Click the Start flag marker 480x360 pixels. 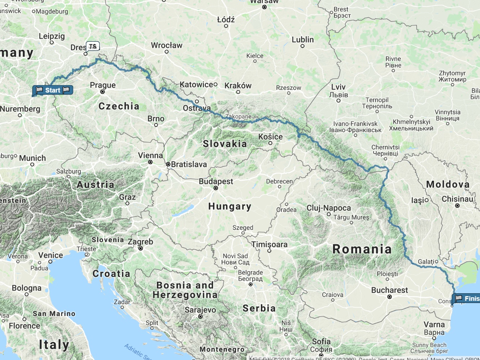pos(53,90)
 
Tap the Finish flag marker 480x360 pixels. pos(467,298)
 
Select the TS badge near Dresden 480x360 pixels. pos(93,46)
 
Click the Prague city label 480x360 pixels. pos(103,85)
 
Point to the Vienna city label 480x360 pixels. pos(150,155)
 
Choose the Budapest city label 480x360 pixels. pos(216,181)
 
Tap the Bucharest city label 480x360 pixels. pos(390,290)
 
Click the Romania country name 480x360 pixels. pos(362,249)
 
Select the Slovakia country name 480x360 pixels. pos(225,144)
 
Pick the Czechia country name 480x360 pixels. pos(119,106)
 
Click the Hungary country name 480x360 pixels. pos(230,206)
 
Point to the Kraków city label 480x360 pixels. pos(238,85)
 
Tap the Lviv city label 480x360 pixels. pos(338,87)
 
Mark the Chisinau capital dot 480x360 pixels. pos(457,206)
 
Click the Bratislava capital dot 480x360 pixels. pos(168,164)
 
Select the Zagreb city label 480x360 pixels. pos(140,242)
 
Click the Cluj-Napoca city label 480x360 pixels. pos(329,208)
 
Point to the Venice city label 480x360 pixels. pos(50,255)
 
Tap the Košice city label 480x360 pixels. pos(270,137)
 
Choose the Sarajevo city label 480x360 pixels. pos(200,310)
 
